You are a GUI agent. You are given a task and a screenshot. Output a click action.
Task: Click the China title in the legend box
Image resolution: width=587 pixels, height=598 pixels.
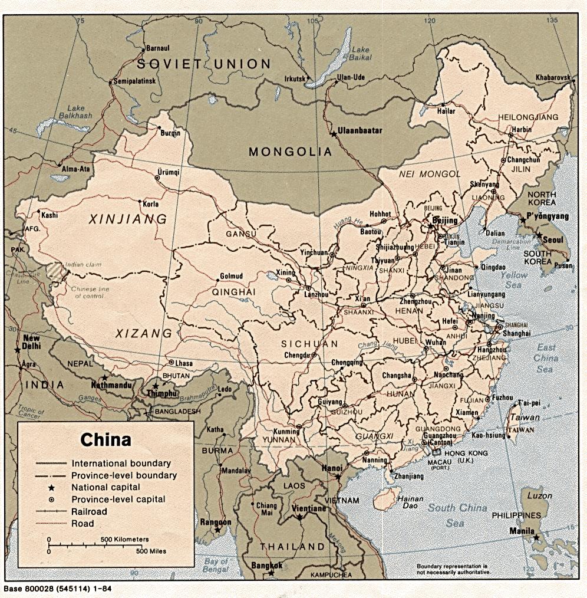tap(105, 440)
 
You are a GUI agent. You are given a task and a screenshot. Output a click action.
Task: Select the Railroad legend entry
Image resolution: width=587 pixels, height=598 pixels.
tap(90, 511)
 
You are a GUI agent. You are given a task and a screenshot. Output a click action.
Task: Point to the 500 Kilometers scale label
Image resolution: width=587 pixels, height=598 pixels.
tap(124, 539)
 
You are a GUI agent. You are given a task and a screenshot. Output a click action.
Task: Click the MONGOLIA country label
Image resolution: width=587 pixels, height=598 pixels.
tap(290, 152)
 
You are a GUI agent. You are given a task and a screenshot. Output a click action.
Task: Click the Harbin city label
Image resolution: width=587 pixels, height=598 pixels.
tap(522, 129)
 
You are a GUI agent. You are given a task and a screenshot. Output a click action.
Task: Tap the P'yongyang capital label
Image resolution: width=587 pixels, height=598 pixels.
tap(548, 216)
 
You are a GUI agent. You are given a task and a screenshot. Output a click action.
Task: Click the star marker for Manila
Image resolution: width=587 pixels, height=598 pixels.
tap(536, 537)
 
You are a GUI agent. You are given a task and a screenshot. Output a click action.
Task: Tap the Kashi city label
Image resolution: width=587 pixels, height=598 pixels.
tap(50, 215)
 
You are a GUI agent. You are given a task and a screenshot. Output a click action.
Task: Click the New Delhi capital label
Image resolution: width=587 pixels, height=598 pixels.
tap(31, 343)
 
